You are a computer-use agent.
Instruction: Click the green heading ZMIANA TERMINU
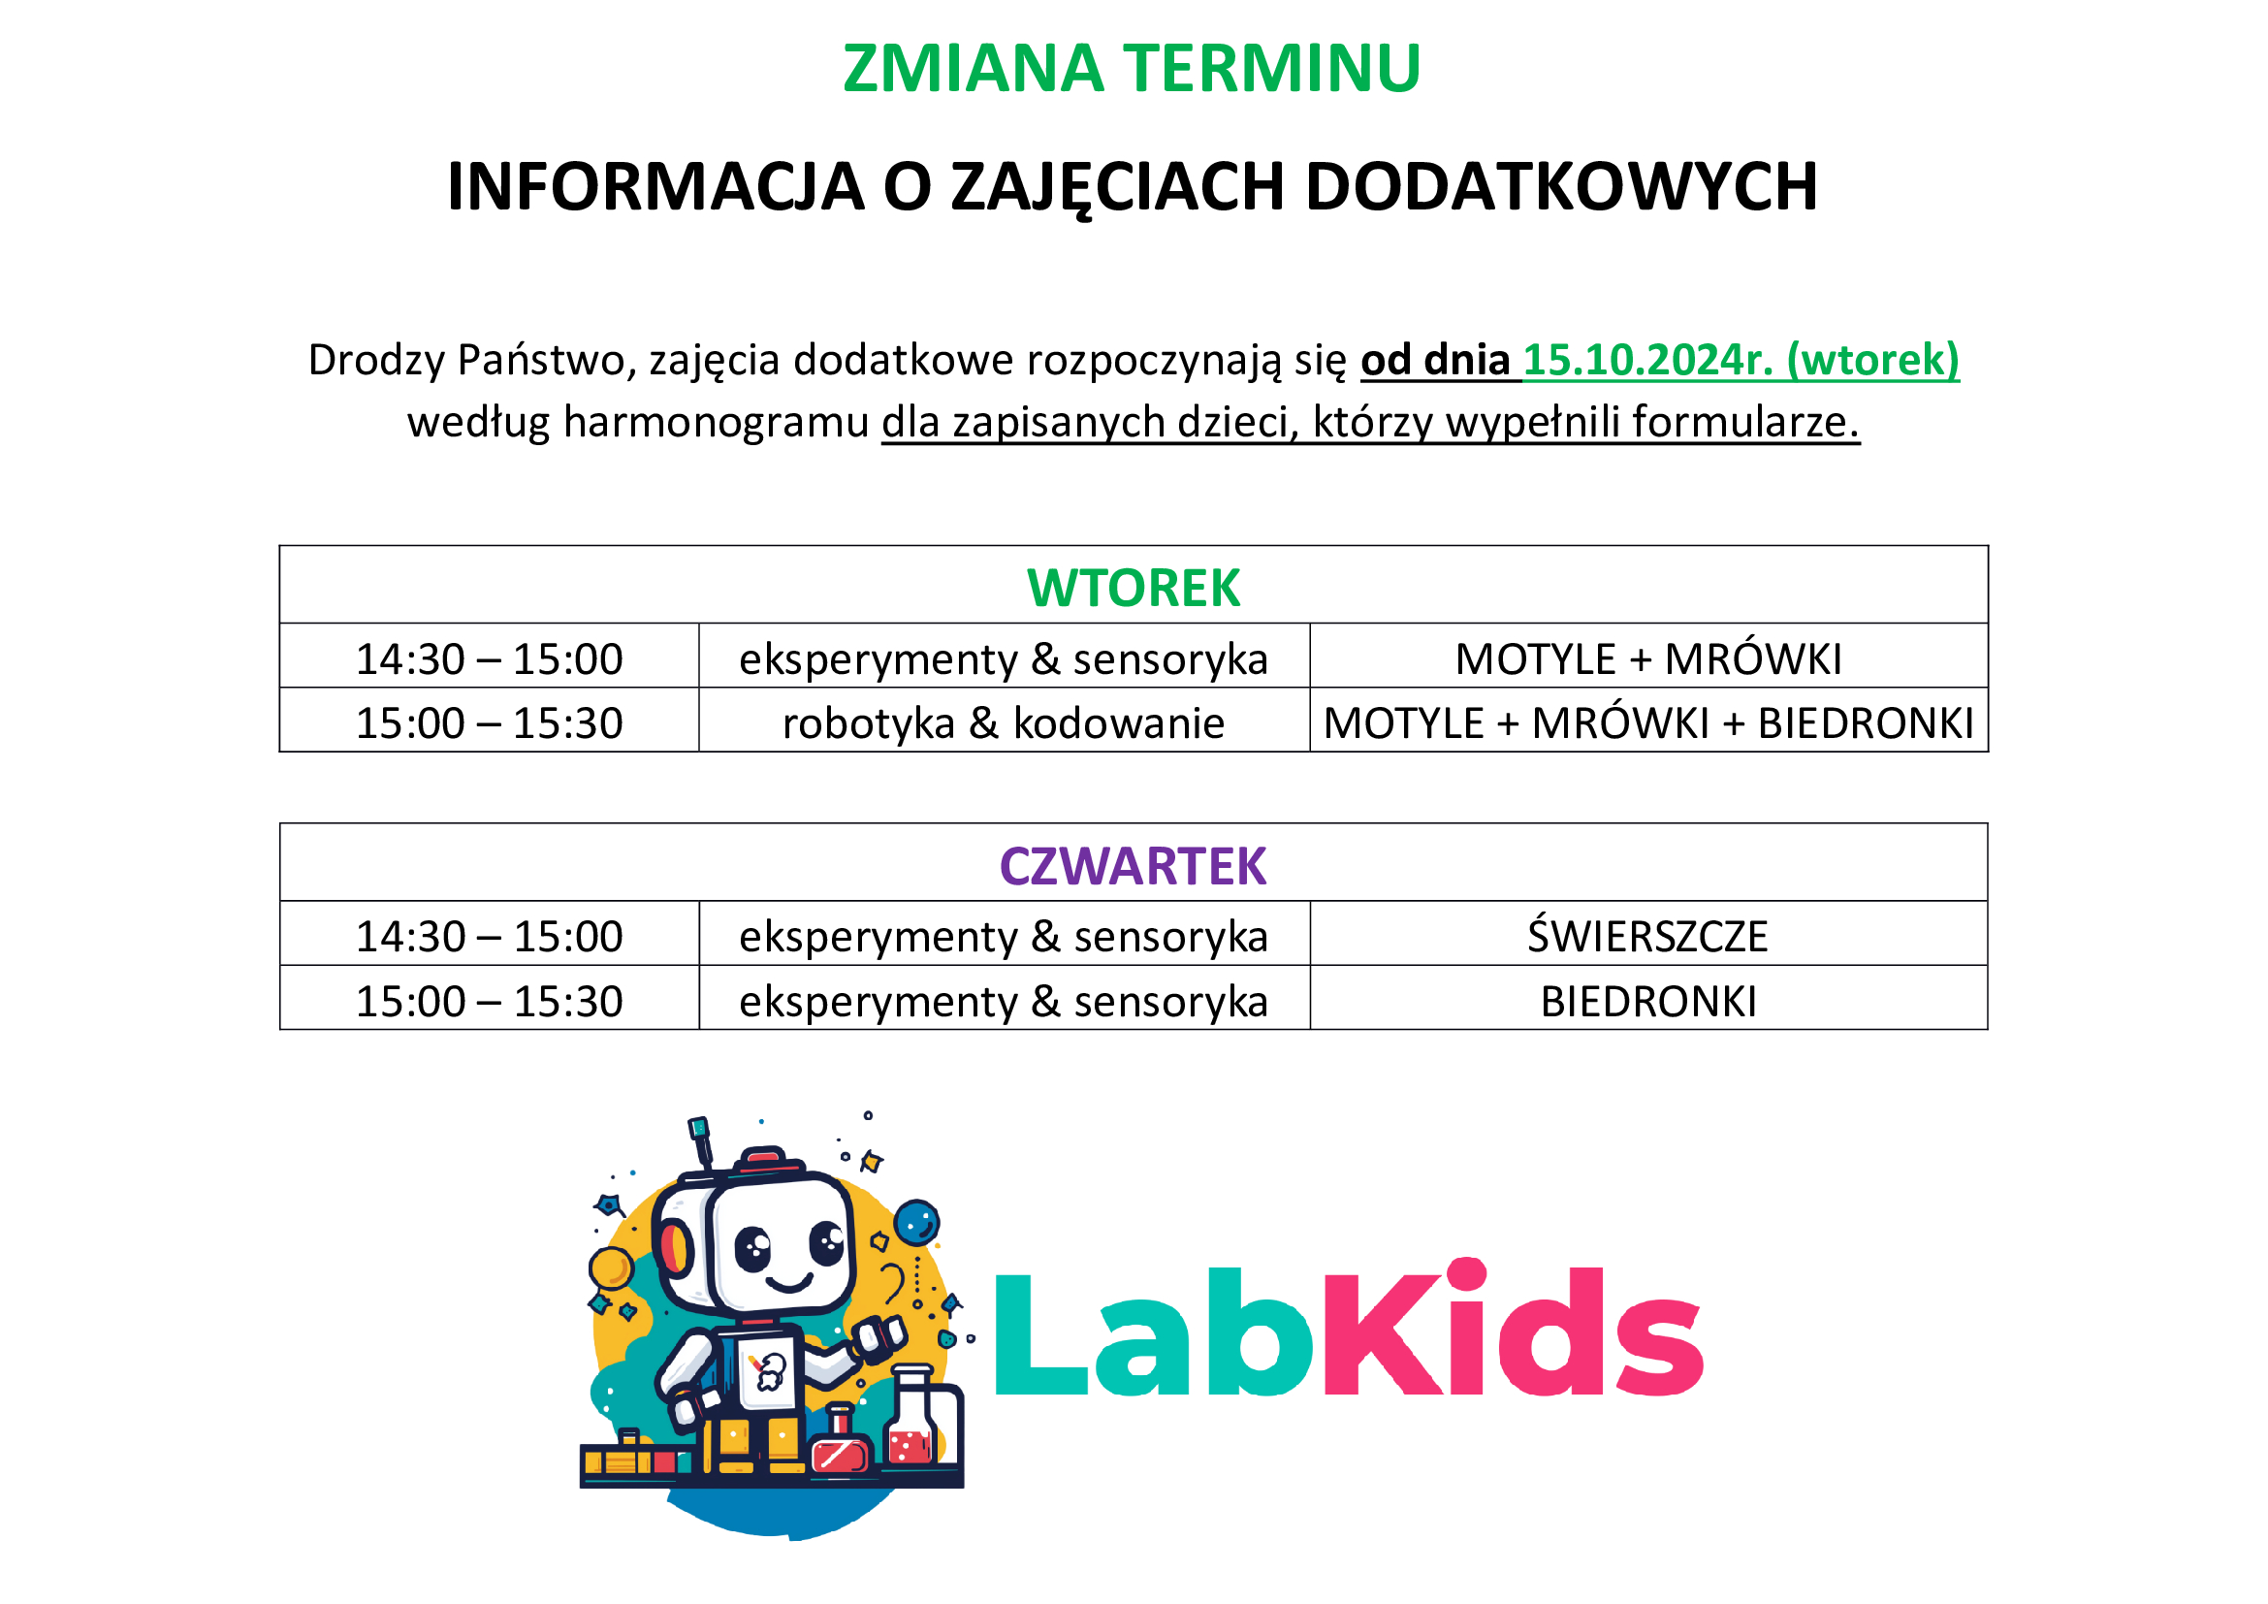pyautogui.click(x=1132, y=69)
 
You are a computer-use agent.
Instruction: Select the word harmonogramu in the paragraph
pyautogui.click(x=716, y=423)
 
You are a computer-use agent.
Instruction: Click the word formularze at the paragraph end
pyautogui.click(x=1745, y=422)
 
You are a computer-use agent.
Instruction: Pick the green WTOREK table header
pyautogui.click(x=1133, y=589)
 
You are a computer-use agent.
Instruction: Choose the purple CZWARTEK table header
pyautogui.click(x=1133, y=866)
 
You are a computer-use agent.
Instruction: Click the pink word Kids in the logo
pyautogui.click(x=1513, y=1328)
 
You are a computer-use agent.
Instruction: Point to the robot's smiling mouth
pyautogui.click(x=788, y=1284)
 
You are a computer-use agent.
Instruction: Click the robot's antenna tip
pyautogui.click(x=699, y=1127)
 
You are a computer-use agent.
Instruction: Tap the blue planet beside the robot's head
pyautogui.click(x=916, y=1223)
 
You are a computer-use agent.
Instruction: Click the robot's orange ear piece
pyautogui.click(x=676, y=1247)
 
